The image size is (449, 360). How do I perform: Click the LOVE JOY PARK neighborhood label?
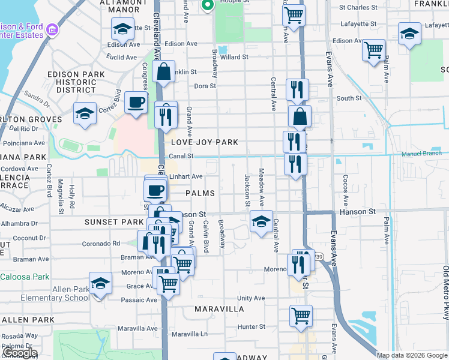pyautogui.click(x=205, y=142)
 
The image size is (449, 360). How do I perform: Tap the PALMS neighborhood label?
pyautogui.click(x=200, y=193)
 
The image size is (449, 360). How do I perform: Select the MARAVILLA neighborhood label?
pyautogui.click(x=219, y=309)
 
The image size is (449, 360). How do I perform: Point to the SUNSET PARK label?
pyautogui.click(x=114, y=222)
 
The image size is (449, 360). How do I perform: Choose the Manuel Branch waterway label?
pyautogui.click(x=424, y=154)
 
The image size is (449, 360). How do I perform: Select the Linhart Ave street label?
pyautogui.click(x=185, y=176)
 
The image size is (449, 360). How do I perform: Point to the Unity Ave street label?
pyautogui.click(x=251, y=298)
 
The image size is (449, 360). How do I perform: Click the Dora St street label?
pyautogui.click(x=205, y=86)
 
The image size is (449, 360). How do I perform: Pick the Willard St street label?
pyautogui.click(x=234, y=57)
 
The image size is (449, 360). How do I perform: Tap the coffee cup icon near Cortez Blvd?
pyautogui.click(x=136, y=103)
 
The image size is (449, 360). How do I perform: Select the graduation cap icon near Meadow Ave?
pyautogui.click(x=261, y=221)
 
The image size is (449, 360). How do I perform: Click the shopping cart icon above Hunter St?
pyautogui.click(x=301, y=316)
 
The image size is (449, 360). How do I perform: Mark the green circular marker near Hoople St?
pyautogui.click(x=208, y=6)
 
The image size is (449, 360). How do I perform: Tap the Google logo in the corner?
pyautogui.click(x=19, y=353)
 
